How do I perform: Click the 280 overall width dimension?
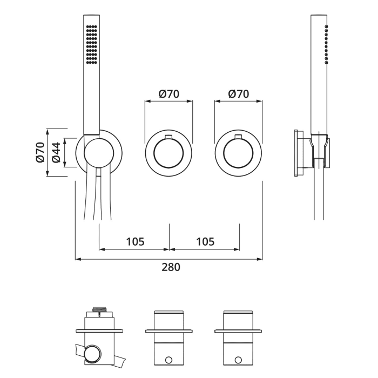click(x=168, y=267)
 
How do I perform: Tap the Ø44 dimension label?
click(x=56, y=153)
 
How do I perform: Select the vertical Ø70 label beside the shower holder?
click(x=40, y=153)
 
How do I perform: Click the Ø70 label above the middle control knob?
click(x=168, y=94)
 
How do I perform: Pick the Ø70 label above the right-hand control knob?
click(x=238, y=94)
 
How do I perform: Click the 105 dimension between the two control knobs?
click(x=204, y=241)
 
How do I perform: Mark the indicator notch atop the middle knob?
click(x=168, y=136)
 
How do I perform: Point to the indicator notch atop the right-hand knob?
click(x=238, y=136)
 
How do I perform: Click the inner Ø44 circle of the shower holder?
click(x=99, y=153)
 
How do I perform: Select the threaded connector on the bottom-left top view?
click(x=99, y=309)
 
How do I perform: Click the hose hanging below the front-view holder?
click(x=98, y=200)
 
